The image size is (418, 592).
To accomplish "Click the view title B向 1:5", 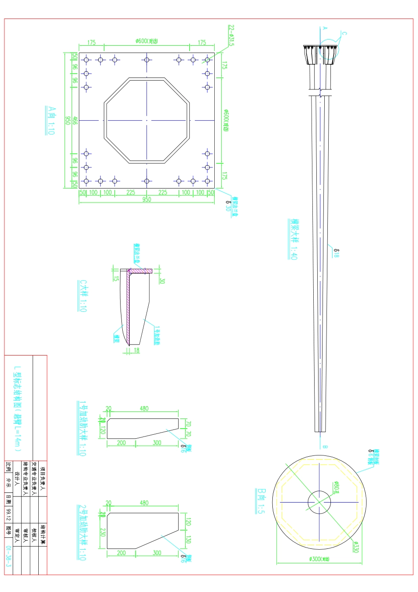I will [x=261, y=501].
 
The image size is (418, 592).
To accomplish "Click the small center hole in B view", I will [x=319, y=502].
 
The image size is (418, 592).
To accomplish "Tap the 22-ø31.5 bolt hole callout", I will [x=231, y=36].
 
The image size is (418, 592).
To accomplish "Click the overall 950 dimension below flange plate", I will [x=147, y=200].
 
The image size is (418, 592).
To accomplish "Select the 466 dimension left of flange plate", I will [x=75, y=120].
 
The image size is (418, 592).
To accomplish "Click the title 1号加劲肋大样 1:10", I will [x=82, y=428].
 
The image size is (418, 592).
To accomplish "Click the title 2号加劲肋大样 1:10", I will [x=82, y=532].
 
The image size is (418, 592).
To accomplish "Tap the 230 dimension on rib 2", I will [x=102, y=532].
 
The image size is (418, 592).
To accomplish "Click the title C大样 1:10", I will [x=82, y=296].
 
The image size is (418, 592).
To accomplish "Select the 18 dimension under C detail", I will [x=136, y=350].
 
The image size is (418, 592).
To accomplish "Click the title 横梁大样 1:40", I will [x=293, y=239].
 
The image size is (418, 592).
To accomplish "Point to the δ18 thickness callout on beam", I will [x=336, y=253].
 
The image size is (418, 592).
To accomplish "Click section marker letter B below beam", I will [x=325, y=447].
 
